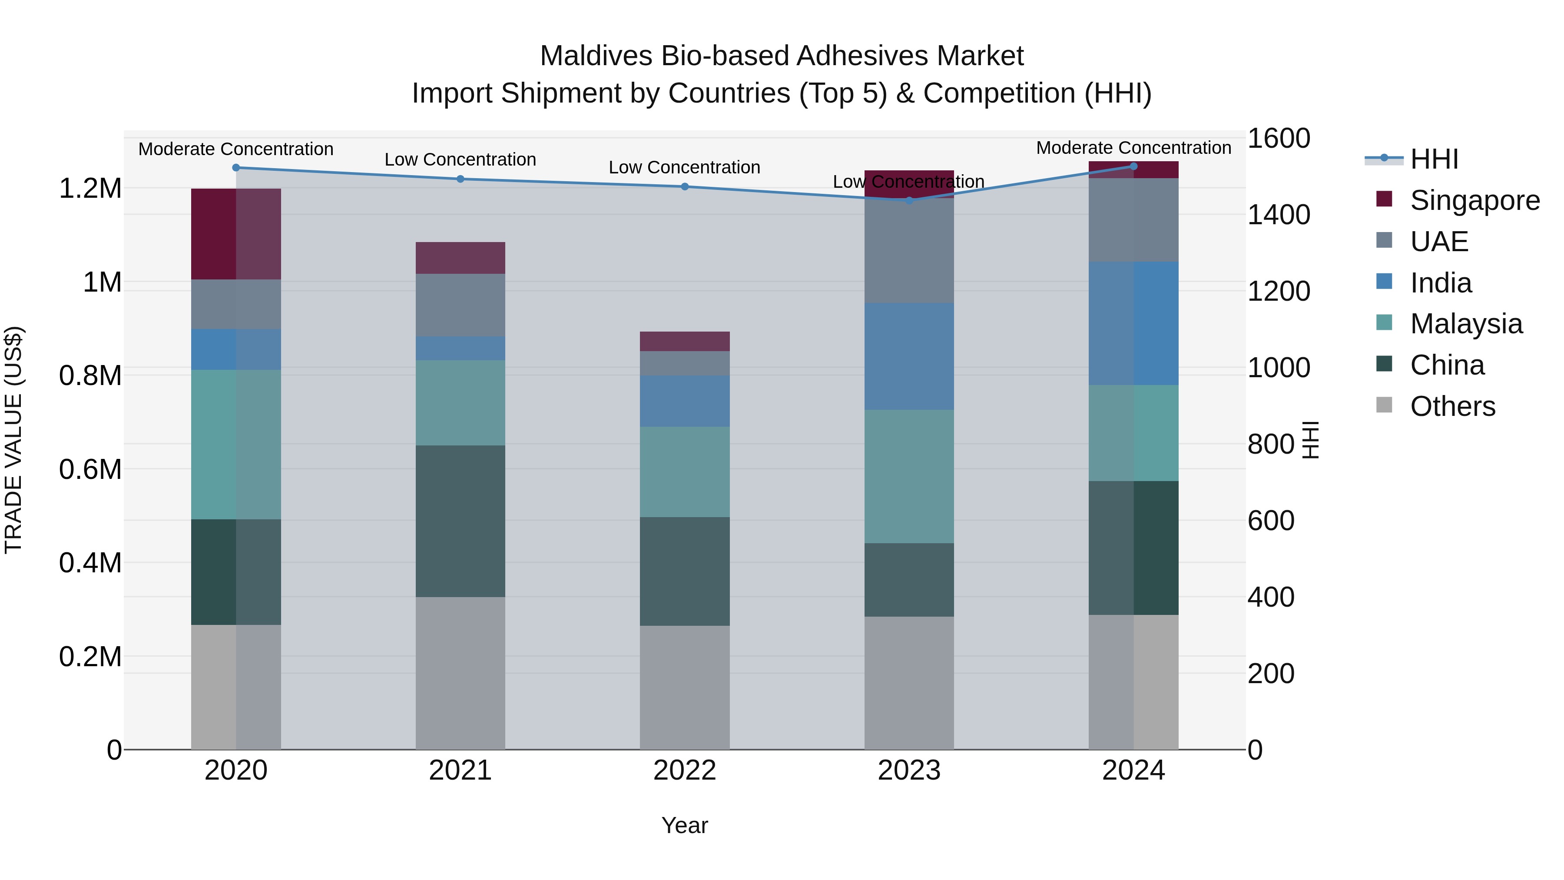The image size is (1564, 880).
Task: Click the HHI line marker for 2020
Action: [236, 168]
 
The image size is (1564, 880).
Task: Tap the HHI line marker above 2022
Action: [684, 186]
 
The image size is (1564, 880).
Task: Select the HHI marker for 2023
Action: [909, 200]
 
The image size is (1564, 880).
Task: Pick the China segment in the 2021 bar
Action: [460, 521]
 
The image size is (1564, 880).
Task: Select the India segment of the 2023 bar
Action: [909, 356]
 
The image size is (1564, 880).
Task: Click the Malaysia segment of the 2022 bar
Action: [684, 472]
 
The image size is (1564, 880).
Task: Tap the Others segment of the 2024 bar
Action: [1133, 682]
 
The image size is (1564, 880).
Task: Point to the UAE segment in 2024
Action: [1133, 220]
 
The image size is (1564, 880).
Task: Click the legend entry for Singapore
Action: [1474, 200]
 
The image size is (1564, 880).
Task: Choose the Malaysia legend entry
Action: [1466, 324]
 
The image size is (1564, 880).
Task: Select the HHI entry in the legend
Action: [1434, 159]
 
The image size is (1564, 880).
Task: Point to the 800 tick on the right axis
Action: [1271, 444]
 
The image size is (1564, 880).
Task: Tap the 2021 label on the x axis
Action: [460, 770]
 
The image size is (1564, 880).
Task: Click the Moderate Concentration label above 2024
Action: [1133, 148]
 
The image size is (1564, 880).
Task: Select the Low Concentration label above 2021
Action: [460, 160]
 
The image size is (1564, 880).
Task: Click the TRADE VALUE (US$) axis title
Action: [13, 440]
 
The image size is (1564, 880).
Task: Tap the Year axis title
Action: [684, 825]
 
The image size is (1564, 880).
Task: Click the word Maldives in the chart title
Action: [596, 56]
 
